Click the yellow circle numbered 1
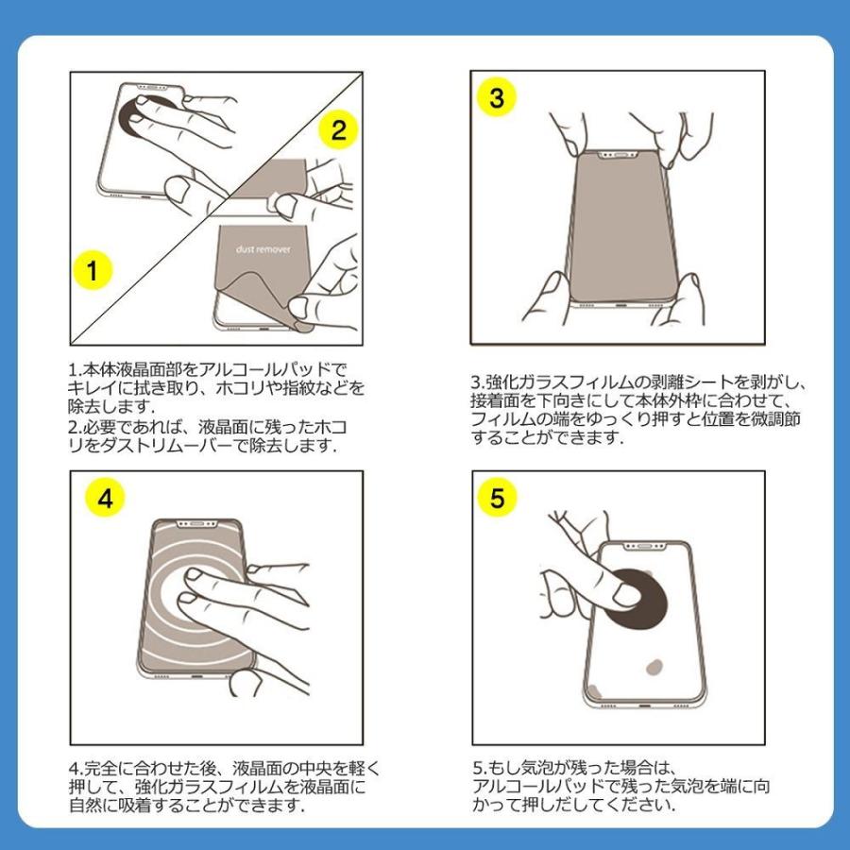click(93, 270)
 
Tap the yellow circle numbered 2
click(338, 130)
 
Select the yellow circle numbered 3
click(496, 97)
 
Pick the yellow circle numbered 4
click(105, 497)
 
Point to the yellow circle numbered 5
click(497, 497)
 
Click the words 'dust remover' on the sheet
click(263, 249)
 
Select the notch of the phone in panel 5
click(644, 547)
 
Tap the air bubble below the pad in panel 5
click(654, 667)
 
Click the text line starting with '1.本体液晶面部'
click(207, 370)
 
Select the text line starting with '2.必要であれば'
click(208, 427)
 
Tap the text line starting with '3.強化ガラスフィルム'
click(638, 382)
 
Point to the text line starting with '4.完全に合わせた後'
click(225, 768)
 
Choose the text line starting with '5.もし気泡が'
click(572, 768)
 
